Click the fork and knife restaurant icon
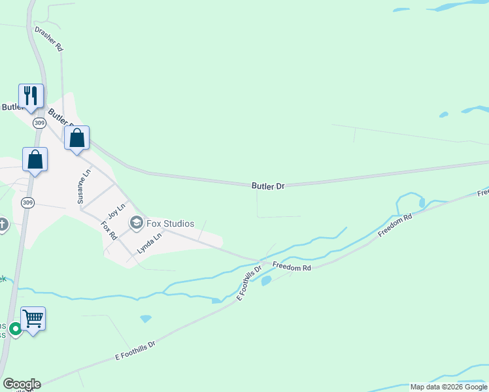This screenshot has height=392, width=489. pos(31,95)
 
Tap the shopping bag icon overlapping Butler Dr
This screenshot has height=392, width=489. pos(76,138)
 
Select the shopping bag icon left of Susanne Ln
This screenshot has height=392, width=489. pos(35,159)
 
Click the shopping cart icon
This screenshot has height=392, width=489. pos(33,319)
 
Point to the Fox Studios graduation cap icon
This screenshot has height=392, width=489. pos(137,223)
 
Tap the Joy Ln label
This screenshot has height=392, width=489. pos(116,210)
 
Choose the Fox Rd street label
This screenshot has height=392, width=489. pos(109,230)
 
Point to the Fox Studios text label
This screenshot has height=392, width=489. pos(170,223)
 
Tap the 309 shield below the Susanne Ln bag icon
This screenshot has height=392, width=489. pos(27,203)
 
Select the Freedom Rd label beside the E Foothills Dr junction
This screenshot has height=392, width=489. pos(292,267)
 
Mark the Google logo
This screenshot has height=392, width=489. pos(22,384)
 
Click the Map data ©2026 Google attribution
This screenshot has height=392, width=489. pos(448,387)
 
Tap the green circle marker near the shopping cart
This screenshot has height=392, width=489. pos(14,328)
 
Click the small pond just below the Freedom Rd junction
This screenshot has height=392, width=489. pos(266,281)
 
